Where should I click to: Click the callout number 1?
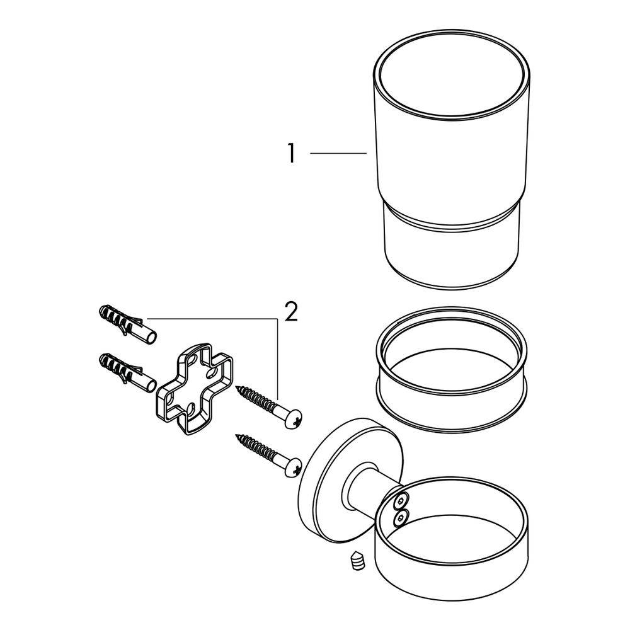pos(291,153)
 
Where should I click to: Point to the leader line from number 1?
pos(338,153)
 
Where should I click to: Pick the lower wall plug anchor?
pos(127,371)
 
